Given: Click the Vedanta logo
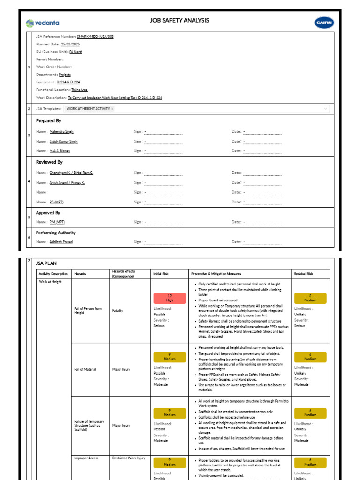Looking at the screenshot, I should pos(43,22).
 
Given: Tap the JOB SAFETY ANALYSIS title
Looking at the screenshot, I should pos(180,21).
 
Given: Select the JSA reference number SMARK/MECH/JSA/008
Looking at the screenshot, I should pos(95,36).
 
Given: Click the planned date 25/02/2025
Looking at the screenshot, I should pos(70,44).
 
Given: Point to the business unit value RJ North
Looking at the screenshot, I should pos(76,52).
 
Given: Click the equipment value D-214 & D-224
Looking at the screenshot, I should pos(68,82).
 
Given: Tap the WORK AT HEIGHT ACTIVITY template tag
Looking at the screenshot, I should pos(89,109).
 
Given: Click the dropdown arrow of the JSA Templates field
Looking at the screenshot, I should pos(326,109).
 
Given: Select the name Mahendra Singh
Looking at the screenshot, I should pos(61,132).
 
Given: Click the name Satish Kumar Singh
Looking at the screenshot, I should pos(64,141).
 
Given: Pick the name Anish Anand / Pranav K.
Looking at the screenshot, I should pos(67,182).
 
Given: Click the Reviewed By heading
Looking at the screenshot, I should pos(49,162).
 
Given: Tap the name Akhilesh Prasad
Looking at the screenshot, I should pos(61,242).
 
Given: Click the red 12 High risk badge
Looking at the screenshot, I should pos(170,298).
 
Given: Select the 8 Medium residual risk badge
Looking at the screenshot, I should pos(310,298).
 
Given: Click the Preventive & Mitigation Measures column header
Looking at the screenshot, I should pos(216,274).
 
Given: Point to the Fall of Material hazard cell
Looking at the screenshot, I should pos(85,369).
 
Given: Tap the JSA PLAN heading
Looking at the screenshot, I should pos(46,263).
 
